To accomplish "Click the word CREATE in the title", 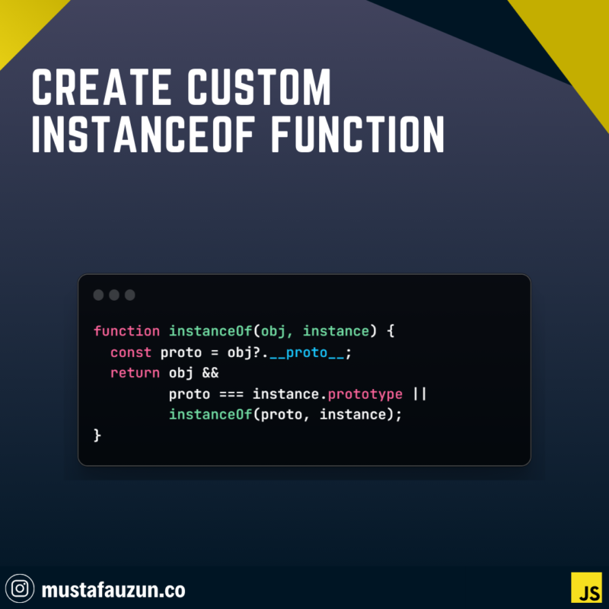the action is tap(101, 87).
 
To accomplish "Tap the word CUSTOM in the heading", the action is tap(259, 87).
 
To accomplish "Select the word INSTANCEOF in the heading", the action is tap(143, 134).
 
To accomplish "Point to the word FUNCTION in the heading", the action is tap(357, 134).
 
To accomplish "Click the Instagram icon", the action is tap(20, 588).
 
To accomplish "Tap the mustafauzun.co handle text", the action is tap(113, 589).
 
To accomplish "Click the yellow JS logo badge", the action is tap(586, 587).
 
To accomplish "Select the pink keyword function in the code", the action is tap(126, 331).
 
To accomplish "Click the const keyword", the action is tap(131, 352).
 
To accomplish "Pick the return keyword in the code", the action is tap(136, 373).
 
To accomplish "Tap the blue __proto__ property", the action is tap(307, 353).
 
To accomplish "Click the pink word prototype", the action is tap(365, 394).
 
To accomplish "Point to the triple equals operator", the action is tap(231, 394).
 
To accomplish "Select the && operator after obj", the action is tap(211, 373).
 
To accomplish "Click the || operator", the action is tap(420, 394).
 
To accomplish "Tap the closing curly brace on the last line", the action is tap(97, 435).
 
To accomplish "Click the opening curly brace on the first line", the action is tap(391, 331).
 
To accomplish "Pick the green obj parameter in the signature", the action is tap(273, 332).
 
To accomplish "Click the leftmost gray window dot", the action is tap(99, 295).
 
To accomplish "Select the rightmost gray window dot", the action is tap(129, 295).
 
